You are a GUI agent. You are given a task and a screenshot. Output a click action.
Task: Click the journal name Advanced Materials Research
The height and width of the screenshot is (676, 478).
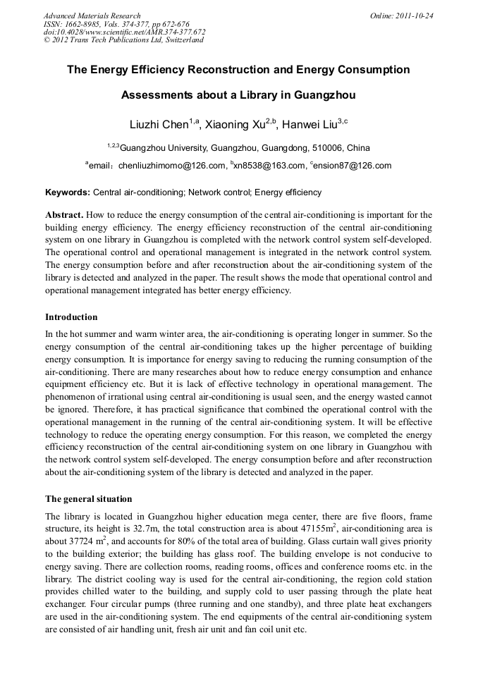click(92, 16)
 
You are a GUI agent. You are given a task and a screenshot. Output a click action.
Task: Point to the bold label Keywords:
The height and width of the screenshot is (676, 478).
click(68, 192)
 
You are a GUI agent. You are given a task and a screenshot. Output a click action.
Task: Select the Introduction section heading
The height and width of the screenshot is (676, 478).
click(71, 317)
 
